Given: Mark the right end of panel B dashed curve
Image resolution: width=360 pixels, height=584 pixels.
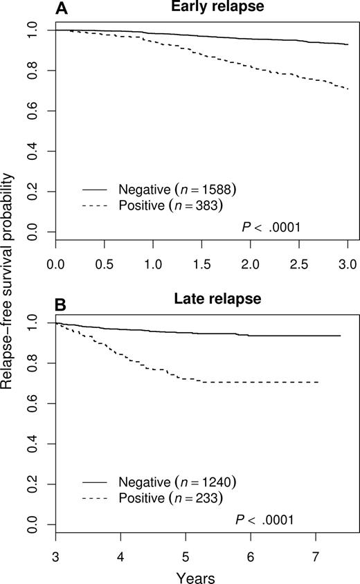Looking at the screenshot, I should [x=319, y=382].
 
